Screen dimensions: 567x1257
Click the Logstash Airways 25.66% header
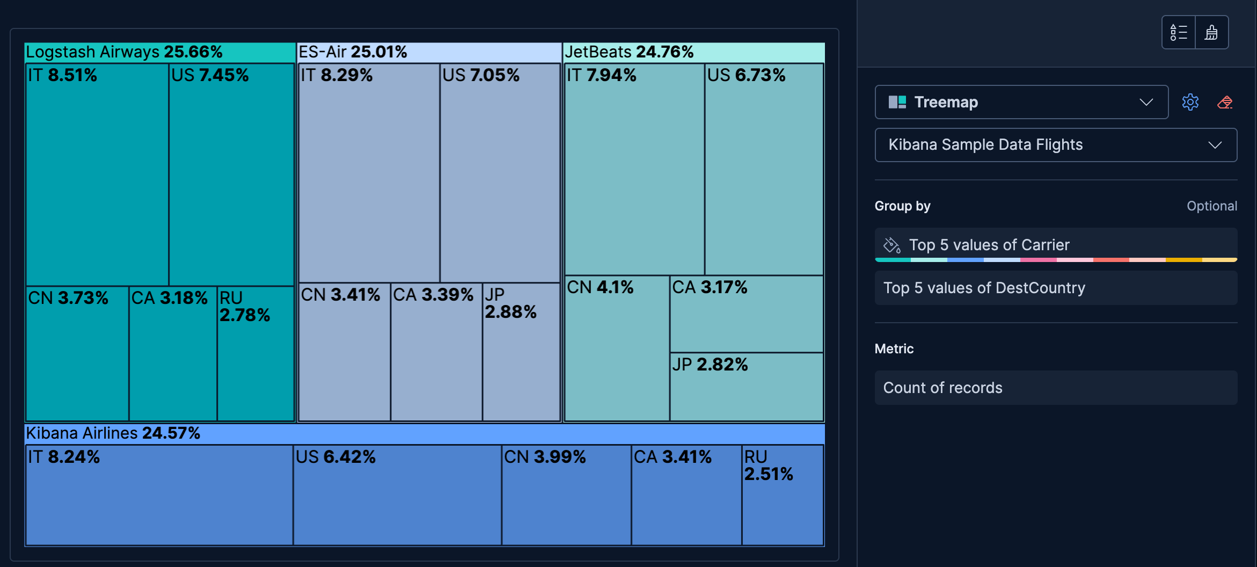123,52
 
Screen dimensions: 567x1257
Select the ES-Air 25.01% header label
353,52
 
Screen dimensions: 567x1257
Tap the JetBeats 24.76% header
628,52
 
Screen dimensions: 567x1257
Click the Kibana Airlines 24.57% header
113,433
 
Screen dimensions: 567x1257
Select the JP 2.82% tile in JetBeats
746,387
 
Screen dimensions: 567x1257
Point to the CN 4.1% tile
617,349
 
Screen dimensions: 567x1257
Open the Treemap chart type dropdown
1021,102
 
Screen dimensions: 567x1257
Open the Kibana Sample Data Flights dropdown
1055,145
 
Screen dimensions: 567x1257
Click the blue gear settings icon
1190,102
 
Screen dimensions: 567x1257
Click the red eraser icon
1225,102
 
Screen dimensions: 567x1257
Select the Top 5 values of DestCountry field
1055,288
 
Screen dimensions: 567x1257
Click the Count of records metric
1055,388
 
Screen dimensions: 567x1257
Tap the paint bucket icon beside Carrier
891,245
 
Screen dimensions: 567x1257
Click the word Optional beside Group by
1211,206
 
